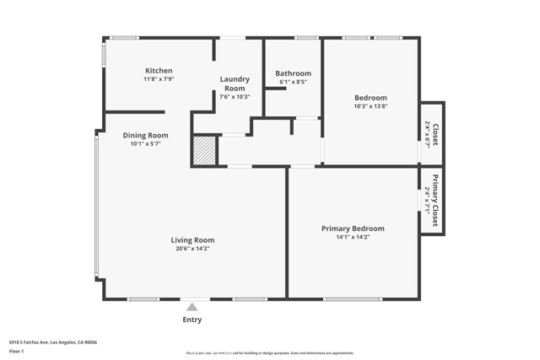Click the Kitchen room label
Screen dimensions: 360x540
point(159,71)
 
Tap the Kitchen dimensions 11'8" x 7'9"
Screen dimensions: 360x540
point(159,79)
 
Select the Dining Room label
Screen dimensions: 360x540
point(145,135)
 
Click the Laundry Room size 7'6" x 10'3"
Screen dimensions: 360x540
point(234,97)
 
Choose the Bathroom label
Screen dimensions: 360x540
point(293,73)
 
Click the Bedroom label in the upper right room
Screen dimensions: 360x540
point(370,98)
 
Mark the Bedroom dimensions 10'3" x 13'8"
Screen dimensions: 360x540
point(370,107)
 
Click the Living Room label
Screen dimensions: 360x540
point(192,240)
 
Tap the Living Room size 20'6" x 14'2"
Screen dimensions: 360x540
point(192,249)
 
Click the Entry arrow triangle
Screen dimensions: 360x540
point(192,307)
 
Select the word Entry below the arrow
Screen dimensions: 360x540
point(192,320)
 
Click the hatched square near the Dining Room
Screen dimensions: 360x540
point(204,152)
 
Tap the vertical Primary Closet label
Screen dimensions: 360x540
point(435,201)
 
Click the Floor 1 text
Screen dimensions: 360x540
point(17,352)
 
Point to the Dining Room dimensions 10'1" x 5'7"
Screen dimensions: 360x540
point(145,144)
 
